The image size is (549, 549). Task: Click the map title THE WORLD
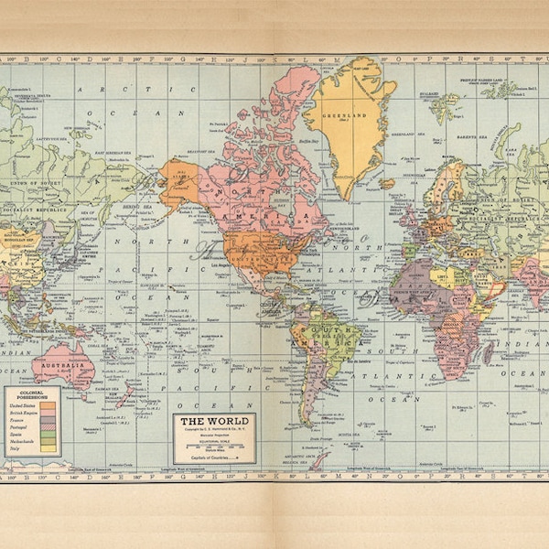click(213, 424)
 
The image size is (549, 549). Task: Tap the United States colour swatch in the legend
click(48, 404)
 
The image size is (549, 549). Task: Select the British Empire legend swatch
click(48, 413)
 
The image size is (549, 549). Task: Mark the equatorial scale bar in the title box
click(213, 445)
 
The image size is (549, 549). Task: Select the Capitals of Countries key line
click(213, 455)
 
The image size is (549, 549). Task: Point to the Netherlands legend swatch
click(48, 443)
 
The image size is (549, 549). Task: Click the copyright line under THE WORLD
click(213, 431)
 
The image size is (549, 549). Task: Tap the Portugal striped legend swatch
click(48, 427)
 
